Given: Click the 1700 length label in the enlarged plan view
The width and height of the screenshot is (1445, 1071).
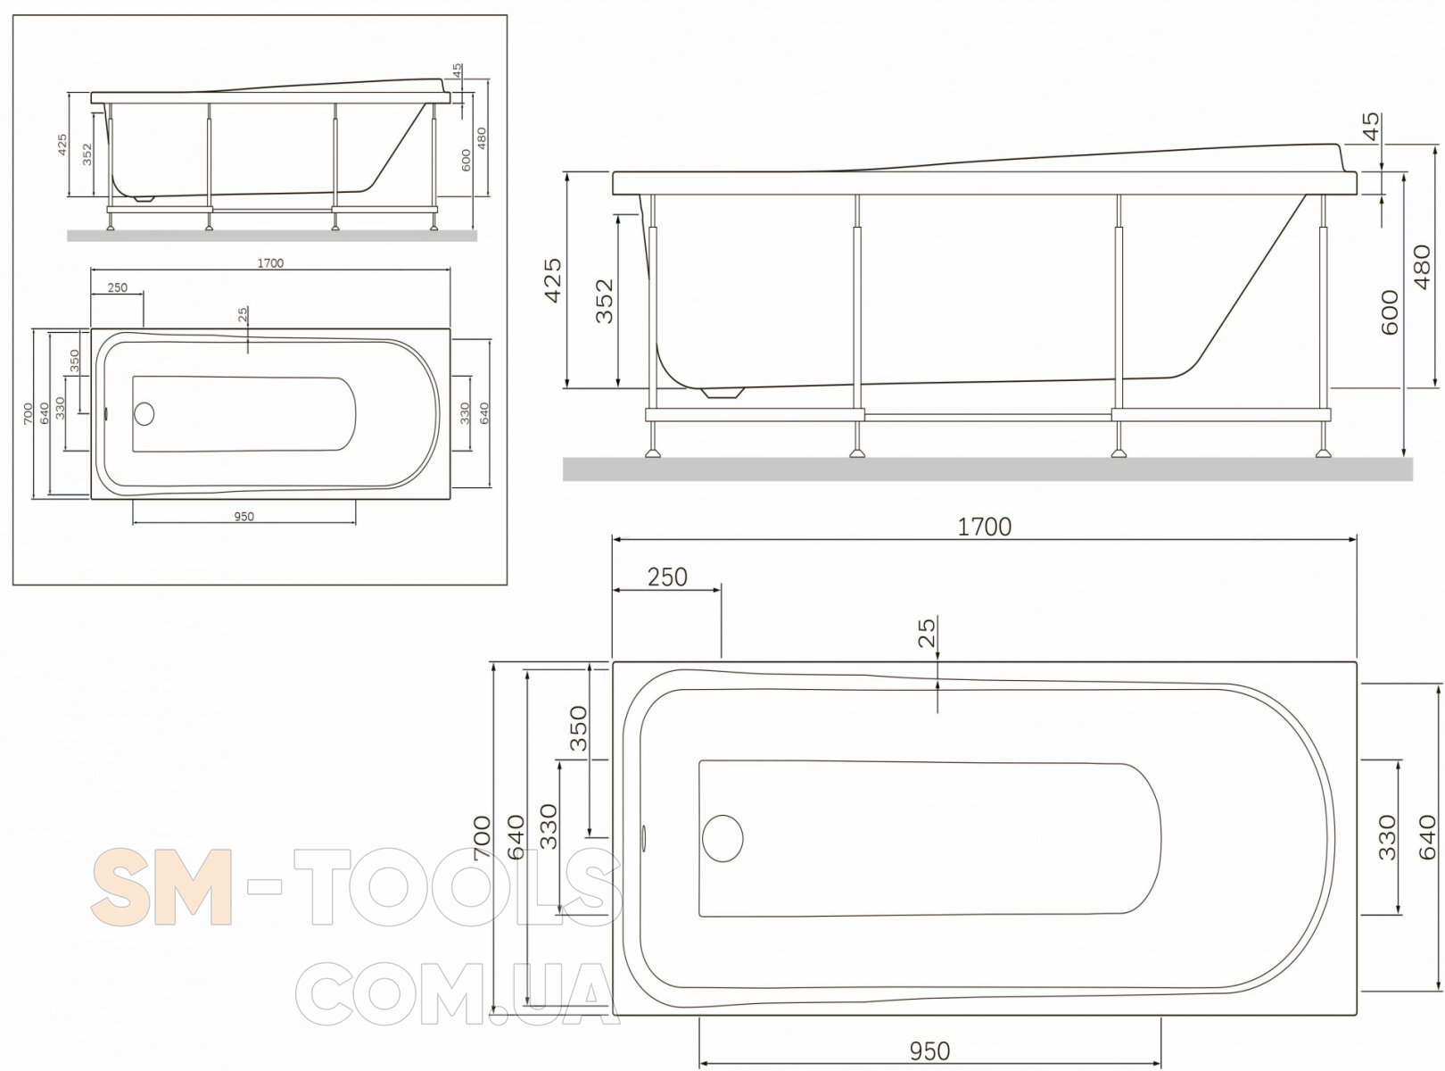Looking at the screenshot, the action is (984, 527).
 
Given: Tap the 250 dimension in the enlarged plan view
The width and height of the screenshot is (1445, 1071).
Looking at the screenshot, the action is (668, 577).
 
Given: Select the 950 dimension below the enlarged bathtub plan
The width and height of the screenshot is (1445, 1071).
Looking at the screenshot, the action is (929, 1051).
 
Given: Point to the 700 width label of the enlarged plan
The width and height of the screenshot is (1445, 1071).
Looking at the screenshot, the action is (483, 838).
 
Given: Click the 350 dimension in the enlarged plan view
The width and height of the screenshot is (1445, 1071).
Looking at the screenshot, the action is (579, 729).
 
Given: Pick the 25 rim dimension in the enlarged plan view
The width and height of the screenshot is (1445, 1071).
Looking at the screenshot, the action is (927, 632).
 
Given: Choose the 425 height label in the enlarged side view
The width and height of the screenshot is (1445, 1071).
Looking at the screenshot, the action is (553, 280).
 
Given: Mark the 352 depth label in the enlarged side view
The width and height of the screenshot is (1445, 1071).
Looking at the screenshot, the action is (606, 301).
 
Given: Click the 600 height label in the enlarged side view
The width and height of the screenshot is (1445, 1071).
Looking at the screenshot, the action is (1390, 313).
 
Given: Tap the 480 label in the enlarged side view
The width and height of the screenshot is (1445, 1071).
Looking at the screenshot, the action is (1422, 267).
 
